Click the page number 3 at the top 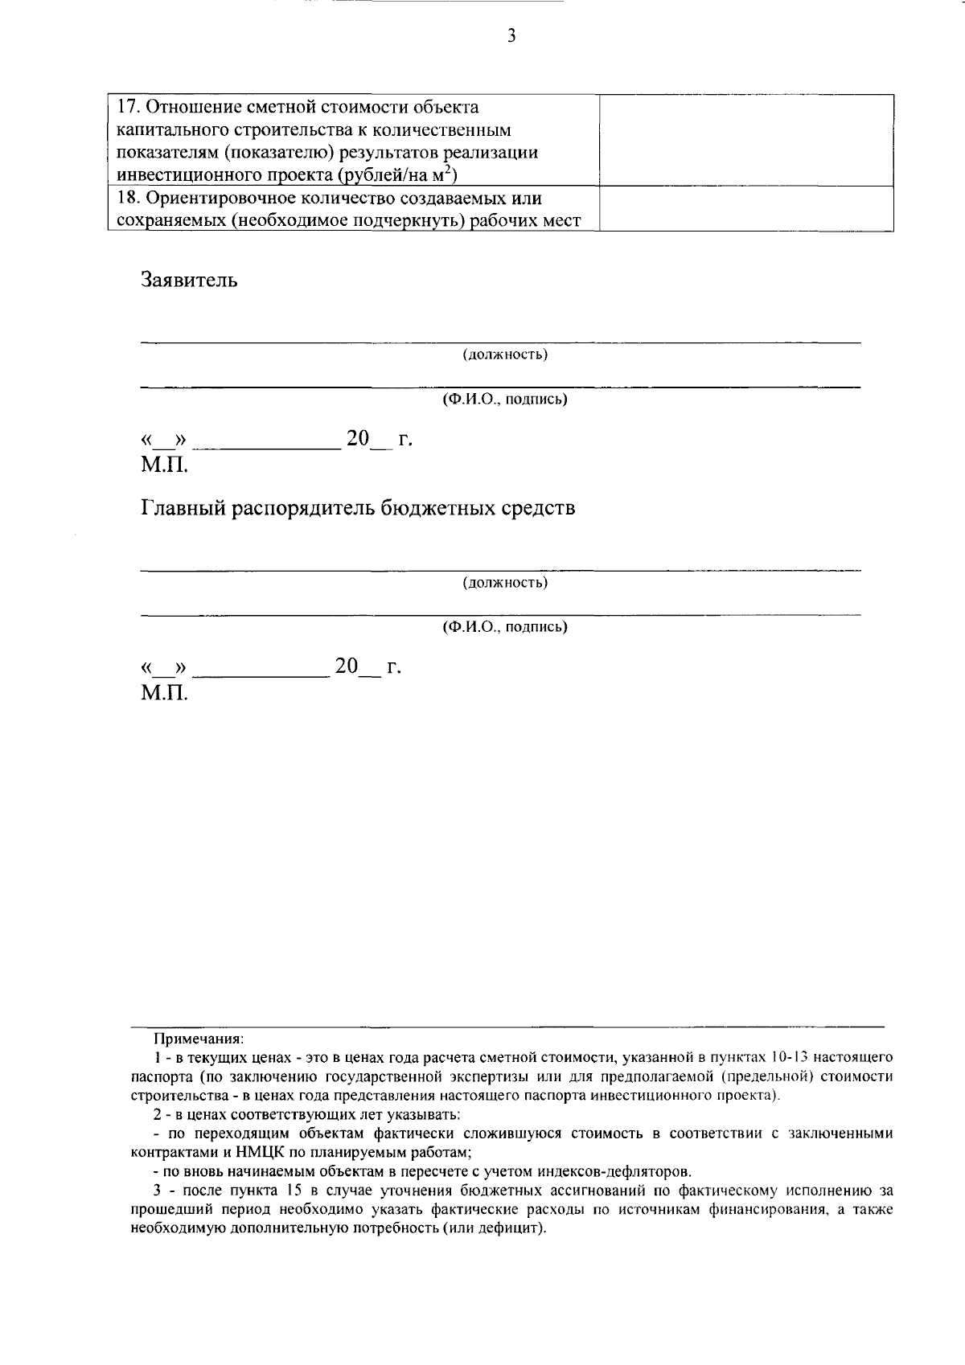tap(511, 35)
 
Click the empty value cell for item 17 tap(747, 140)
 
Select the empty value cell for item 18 tap(747, 209)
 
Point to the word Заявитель tap(189, 281)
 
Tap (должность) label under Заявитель tap(505, 355)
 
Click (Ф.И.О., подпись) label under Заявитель tap(505, 400)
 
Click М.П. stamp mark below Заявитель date tap(164, 464)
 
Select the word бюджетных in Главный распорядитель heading tap(433, 509)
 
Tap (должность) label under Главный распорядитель tap(505, 582)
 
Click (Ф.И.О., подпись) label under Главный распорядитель tap(505, 627)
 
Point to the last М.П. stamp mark tap(164, 692)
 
